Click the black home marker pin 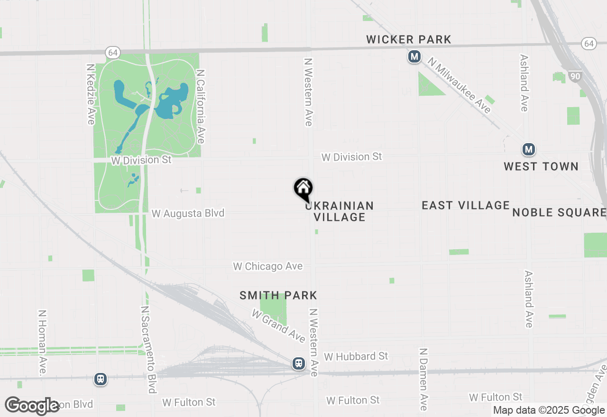pos(303,189)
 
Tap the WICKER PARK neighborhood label pos(409,40)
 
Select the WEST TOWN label pos(541,166)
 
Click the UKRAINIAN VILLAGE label pos(340,211)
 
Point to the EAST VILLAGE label pos(466,205)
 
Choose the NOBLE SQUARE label pos(559,212)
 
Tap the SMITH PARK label pos(278,296)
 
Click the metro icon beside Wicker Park pos(414,57)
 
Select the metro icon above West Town pos(529,150)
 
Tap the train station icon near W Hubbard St pos(299,363)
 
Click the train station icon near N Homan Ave pos(101,379)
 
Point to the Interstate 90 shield pos(576,76)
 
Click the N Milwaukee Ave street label pos(459,86)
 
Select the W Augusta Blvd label pos(188,214)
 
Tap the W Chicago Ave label pos(268,266)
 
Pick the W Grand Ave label pos(279,326)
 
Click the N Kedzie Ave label pos(91,94)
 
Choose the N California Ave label pos(201,107)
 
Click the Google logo pos(32,406)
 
